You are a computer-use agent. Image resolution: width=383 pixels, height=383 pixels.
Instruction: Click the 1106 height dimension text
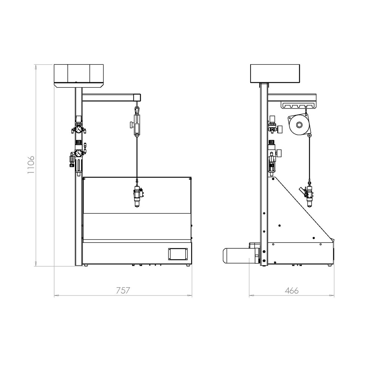tap(31, 165)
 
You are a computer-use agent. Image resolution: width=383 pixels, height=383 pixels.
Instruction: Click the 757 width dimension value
tap(123, 290)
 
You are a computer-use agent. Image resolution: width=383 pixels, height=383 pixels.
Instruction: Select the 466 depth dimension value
tap(292, 290)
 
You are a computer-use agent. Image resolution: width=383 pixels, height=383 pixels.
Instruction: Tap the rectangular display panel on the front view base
tap(178, 254)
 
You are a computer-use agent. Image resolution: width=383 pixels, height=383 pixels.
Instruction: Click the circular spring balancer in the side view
tap(299, 125)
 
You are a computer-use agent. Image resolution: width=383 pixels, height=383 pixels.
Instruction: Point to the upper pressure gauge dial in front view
tap(79, 129)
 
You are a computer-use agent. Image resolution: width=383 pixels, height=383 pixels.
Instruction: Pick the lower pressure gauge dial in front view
tap(79, 153)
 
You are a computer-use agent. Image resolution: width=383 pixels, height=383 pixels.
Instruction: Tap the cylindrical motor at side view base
tap(236, 255)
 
